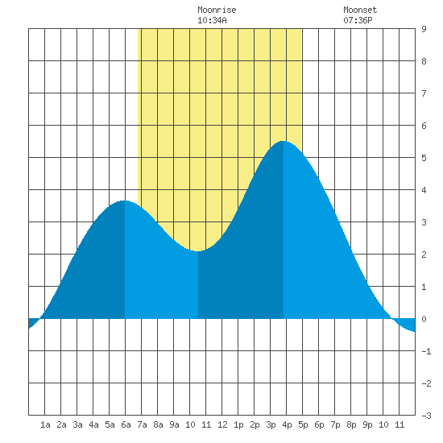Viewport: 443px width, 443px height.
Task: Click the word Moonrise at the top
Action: pos(217,10)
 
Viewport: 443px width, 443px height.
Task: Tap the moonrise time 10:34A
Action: pos(212,20)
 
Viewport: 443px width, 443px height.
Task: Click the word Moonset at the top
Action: pos(360,10)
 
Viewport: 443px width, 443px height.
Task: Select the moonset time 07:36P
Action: pos(358,20)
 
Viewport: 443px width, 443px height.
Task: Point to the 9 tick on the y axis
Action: pos(424,29)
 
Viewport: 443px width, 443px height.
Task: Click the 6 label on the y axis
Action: pos(424,126)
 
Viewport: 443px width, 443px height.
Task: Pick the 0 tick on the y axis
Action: pos(424,319)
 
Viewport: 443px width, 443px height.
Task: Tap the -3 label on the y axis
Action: pos(426,416)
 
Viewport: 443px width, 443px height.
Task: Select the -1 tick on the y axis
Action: pos(426,351)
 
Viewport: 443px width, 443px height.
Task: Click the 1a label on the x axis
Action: pos(45,424)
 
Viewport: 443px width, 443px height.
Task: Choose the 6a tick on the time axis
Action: pos(126,424)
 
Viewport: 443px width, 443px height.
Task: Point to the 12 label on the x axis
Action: pos(222,424)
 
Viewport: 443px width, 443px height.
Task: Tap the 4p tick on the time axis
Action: pos(287,424)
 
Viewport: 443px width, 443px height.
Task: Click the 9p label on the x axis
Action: pos(367,424)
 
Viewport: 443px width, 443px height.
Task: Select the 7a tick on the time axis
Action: pos(142,424)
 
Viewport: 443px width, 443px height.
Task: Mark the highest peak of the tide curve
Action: pos(283,141)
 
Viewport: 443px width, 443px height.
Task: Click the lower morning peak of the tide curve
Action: pos(125,201)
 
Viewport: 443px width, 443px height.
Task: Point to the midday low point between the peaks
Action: pos(198,250)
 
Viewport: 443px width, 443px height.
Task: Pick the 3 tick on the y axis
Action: pos(424,222)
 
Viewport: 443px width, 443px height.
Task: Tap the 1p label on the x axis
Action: pos(238,424)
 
